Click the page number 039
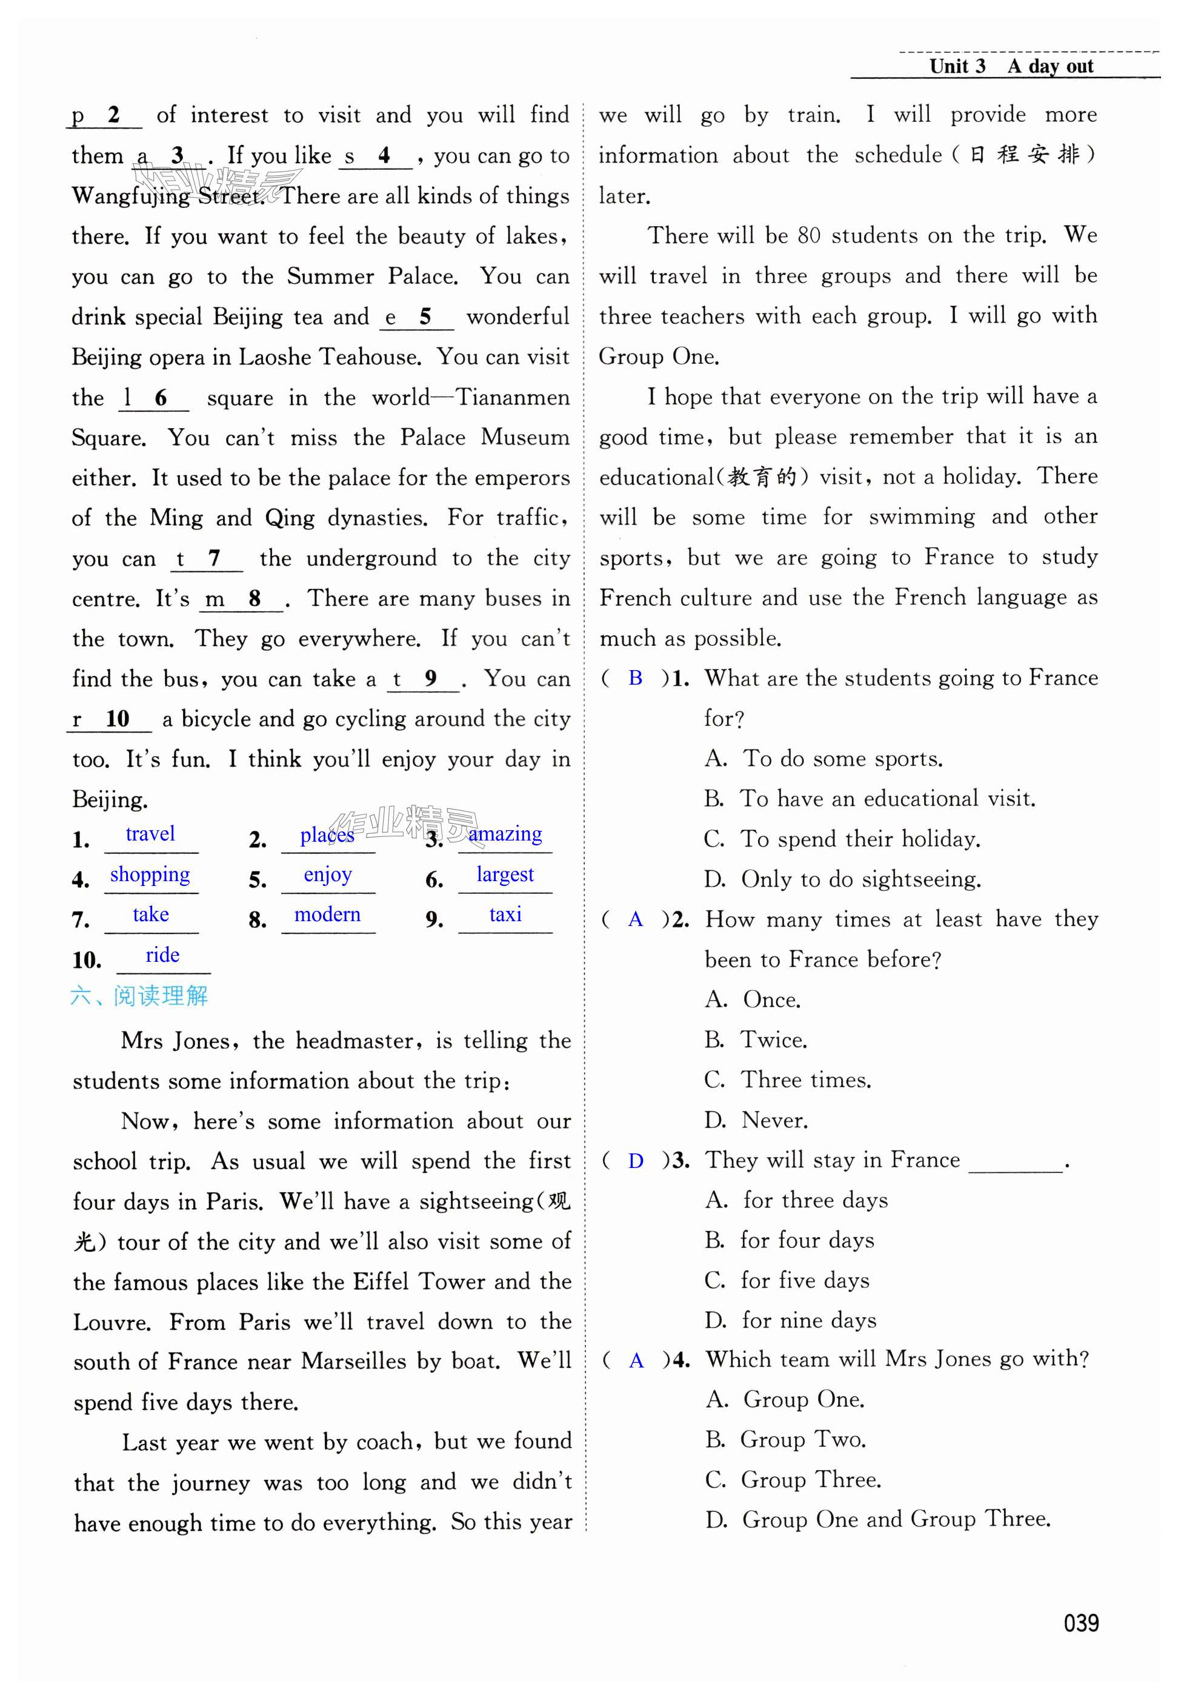pyautogui.click(x=1080, y=1623)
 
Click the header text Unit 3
pyautogui.click(x=957, y=67)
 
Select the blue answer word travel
pyautogui.click(x=150, y=834)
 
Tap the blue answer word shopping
pyautogui.click(x=150, y=874)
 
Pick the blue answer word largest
pyautogui.click(x=505, y=874)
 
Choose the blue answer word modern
pyautogui.click(x=327, y=914)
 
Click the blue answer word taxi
pyautogui.click(x=505, y=914)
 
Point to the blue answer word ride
pyautogui.click(x=162, y=955)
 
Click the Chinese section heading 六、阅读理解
pyautogui.click(x=139, y=996)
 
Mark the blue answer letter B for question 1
pyautogui.click(x=636, y=678)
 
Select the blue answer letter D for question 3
pyautogui.click(x=636, y=1161)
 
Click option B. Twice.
pyautogui.click(x=756, y=1040)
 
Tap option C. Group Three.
pyautogui.click(x=793, y=1479)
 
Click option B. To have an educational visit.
pyautogui.click(x=870, y=799)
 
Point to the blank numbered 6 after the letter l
pyautogui.click(x=155, y=399)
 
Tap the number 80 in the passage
pyautogui.click(x=809, y=236)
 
